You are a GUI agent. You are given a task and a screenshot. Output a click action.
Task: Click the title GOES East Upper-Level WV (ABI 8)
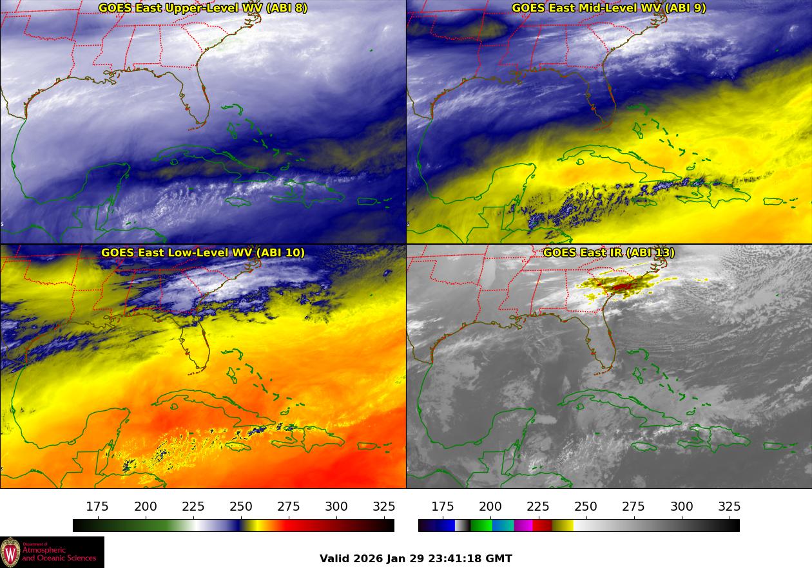(x=203, y=8)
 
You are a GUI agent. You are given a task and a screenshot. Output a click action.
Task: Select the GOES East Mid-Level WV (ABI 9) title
(x=608, y=8)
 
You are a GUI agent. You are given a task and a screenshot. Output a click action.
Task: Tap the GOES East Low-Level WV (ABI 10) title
(x=203, y=252)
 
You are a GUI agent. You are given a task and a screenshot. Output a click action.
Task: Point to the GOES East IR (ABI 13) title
(x=608, y=252)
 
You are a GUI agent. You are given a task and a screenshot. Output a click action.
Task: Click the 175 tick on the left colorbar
(x=97, y=507)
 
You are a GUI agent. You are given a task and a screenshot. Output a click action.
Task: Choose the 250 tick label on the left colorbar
(x=241, y=507)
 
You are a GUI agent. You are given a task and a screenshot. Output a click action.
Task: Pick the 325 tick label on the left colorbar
(x=384, y=507)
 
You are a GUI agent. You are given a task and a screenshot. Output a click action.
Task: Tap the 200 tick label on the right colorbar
(x=490, y=507)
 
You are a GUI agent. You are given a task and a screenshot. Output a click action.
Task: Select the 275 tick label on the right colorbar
(x=633, y=507)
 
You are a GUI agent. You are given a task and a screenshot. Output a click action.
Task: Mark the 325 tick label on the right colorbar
(x=730, y=507)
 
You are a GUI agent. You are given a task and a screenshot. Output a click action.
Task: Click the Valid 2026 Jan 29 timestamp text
(x=416, y=558)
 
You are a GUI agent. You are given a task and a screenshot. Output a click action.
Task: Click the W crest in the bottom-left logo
(x=10, y=552)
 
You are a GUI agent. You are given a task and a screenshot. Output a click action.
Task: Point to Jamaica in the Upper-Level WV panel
(x=238, y=202)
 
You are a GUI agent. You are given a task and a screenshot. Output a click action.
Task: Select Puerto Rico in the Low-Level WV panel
(x=366, y=446)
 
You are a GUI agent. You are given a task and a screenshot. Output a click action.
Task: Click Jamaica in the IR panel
(x=644, y=446)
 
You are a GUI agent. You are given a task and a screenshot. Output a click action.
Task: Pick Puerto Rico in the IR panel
(x=772, y=446)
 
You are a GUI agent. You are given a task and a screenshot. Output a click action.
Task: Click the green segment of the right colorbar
(x=481, y=525)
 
